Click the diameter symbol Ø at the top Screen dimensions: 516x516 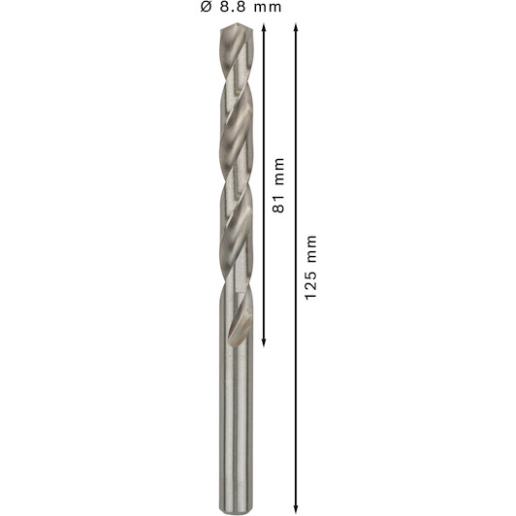206,7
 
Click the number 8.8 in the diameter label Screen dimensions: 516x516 233,7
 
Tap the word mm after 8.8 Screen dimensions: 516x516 268,8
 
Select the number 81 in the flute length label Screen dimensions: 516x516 278,204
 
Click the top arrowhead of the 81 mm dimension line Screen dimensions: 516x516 263,27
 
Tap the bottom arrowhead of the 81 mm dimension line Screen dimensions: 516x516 263,343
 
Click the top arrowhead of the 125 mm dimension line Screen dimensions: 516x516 296,27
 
